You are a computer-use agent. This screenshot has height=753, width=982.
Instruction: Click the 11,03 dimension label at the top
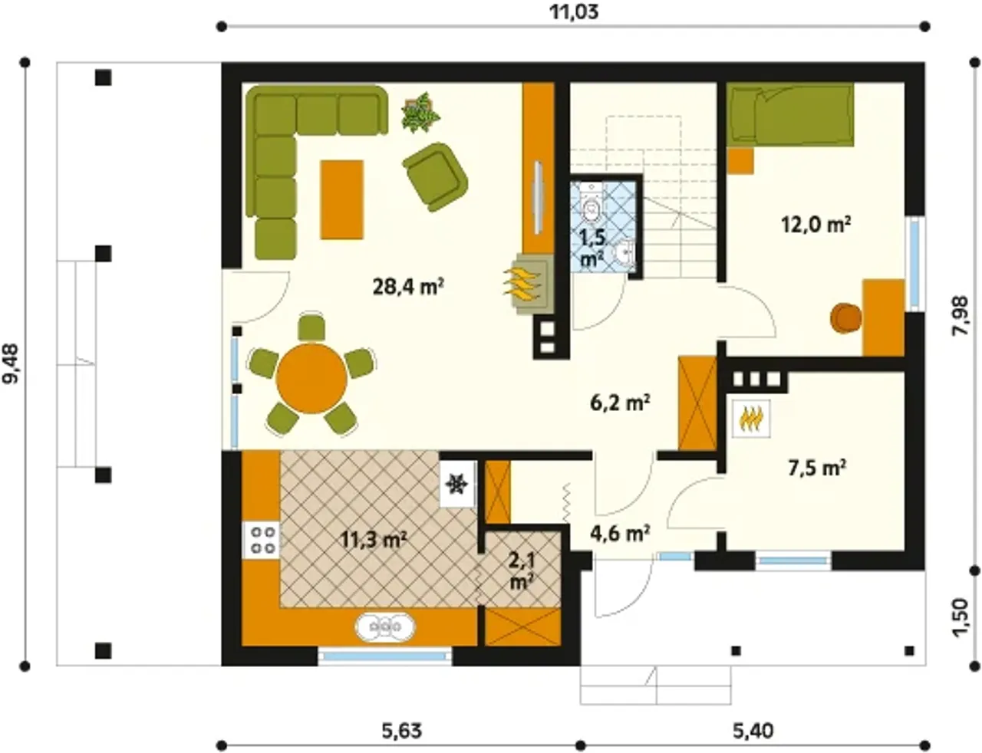pyautogui.click(x=574, y=12)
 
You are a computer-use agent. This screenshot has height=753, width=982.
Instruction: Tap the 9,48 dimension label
pyautogui.click(x=11, y=364)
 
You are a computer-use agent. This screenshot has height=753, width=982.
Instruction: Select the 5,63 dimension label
pyautogui.click(x=402, y=731)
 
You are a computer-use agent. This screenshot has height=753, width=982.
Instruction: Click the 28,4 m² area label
pyautogui.click(x=408, y=286)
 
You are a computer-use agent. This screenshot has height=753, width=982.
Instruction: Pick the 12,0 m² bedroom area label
pyautogui.click(x=816, y=225)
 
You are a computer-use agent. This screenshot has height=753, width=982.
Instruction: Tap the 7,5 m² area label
pyautogui.click(x=818, y=469)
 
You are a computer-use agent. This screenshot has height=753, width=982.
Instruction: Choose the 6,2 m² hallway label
pyautogui.click(x=620, y=403)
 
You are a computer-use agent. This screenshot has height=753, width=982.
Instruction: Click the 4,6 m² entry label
pyautogui.click(x=621, y=534)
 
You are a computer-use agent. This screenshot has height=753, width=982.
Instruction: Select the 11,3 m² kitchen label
pyautogui.click(x=374, y=539)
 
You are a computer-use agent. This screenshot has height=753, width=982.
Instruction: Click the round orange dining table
pyautogui.click(x=311, y=379)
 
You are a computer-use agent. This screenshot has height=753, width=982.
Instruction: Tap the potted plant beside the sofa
pyautogui.click(x=420, y=113)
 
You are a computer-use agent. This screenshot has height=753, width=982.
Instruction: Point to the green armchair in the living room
pyautogui.click(x=436, y=176)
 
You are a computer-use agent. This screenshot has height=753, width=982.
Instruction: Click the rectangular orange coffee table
pyautogui.click(x=341, y=199)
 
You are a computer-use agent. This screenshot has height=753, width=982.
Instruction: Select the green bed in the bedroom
pyautogui.click(x=790, y=115)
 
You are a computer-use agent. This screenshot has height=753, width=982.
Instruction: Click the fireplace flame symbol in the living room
pyautogui.click(x=521, y=283)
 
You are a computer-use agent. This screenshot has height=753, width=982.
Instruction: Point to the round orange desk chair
pyautogui.click(x=845, y=319)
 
